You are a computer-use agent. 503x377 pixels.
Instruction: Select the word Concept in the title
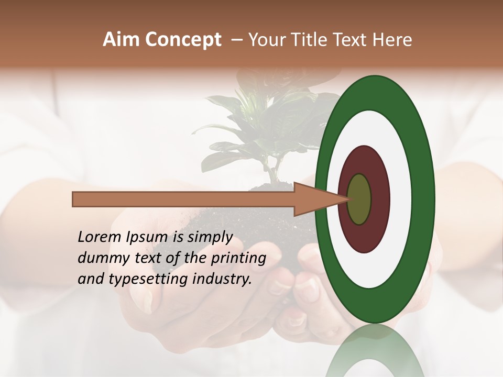click(183, 40)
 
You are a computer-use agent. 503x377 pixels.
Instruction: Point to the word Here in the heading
click(393, 40)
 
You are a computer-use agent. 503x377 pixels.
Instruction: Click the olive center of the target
click(359, 199)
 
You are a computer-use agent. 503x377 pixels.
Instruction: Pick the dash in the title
click(236, 40)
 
